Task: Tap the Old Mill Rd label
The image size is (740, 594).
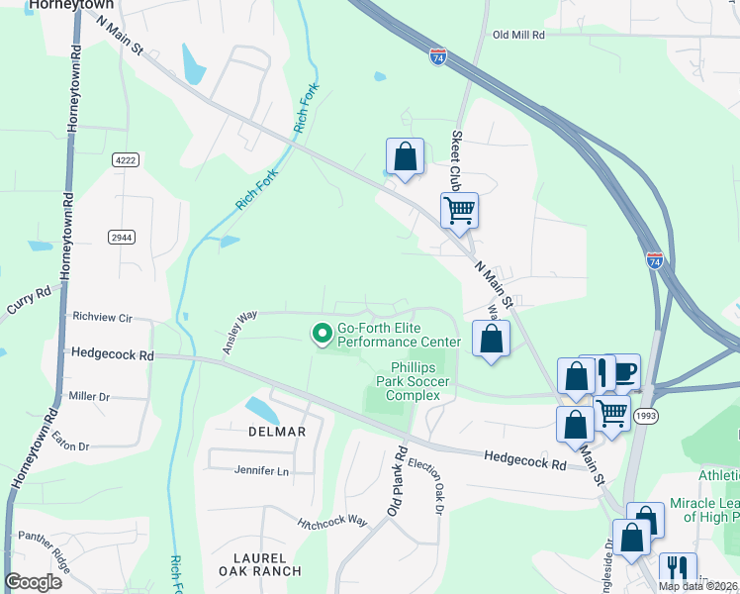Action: [x=518, y=35]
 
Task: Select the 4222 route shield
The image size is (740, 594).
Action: [x=125, y=159]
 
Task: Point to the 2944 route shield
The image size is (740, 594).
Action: [x=121, y=238]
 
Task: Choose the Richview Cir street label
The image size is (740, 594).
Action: [x=102, y=318]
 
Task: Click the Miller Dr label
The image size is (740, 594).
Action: [x=88, y=396]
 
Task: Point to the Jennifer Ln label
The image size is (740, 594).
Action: [x=261, y=471]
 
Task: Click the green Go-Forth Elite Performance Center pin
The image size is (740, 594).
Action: [x=322, y=335]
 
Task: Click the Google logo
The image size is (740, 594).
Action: [x=33, y=583]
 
